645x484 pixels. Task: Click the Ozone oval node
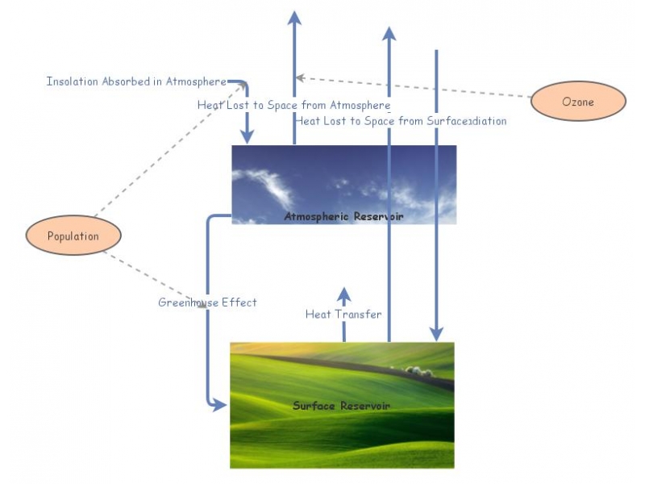pos(578,102)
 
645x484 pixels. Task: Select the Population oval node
pos(73,236)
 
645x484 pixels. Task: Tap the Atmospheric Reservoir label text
pos(343,217)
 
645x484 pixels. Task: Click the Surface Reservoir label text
pos(341,406)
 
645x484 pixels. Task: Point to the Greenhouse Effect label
pos(207,302)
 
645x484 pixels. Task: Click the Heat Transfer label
pos(343,314)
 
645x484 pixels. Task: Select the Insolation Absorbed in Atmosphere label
pos(135,81)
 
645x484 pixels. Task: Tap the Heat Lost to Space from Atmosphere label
pos(293,105)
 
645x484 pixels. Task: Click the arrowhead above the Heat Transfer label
pos(344,294)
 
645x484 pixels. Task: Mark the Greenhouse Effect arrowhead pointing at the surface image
pos(219,406)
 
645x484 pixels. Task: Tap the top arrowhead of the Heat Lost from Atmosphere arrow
pos(294,19)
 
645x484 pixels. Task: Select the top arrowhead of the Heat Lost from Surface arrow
pos(389,34)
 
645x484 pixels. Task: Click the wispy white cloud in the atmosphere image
pos(270,185)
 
